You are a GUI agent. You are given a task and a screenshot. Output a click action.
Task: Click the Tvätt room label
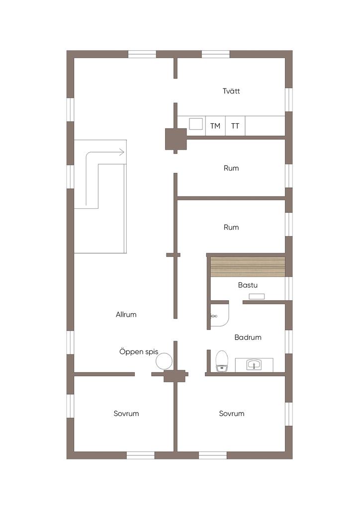[x=231, y=91]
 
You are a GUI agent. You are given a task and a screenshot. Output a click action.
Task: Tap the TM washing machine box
[x=215, y=126]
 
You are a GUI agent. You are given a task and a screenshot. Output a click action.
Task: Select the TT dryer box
[x=235, y=126]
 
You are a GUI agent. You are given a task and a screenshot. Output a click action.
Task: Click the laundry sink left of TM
[x=196, y=124]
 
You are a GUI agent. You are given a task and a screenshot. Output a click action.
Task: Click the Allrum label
[x=126, y=314]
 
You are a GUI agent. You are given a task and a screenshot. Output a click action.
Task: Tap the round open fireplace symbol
[x=164, y=360]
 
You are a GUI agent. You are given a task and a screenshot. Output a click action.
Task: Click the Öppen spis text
[x=138, y=351]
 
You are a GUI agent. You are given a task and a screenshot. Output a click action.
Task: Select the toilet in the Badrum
[x=221, y=360]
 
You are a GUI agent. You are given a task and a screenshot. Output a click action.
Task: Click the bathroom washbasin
[x=254, y=364]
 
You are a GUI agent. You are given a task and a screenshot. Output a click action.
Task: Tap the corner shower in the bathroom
[x=218, y=314]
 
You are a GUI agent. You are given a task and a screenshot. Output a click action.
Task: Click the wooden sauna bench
[x=248, y=267]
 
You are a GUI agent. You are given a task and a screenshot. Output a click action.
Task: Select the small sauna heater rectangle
[x=257, y=296]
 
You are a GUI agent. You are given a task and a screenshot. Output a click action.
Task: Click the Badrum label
[x=248, y=337]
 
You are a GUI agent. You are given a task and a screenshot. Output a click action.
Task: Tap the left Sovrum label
[x=126, y=413]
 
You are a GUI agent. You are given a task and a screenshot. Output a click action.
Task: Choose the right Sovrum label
[x=231, y=413]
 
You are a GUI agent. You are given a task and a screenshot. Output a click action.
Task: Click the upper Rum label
[x=231, y=168]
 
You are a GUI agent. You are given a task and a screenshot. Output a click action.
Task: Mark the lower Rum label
[x=231, y=227]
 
